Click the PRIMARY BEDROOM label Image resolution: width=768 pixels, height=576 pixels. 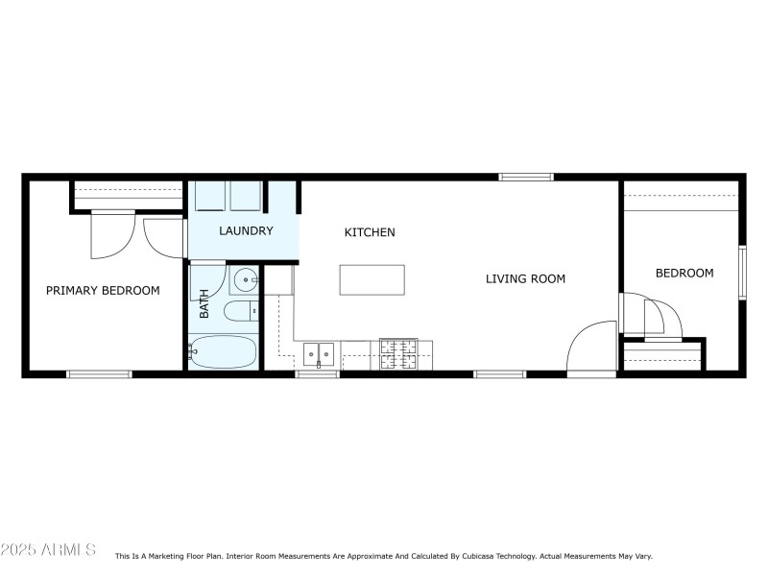(103, 290)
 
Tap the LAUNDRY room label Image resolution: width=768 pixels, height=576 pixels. (246, 231)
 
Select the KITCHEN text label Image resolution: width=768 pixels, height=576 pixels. (370, 232)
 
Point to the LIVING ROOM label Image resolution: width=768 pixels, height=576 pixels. (525, 279)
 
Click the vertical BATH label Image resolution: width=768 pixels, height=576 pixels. (204, 305)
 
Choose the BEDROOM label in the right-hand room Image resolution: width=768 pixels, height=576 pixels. (684, 273)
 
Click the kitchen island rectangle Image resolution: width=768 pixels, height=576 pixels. (372, 279)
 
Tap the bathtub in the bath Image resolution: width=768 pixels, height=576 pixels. (224, 351)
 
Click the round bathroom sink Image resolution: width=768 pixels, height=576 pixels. (245, 281)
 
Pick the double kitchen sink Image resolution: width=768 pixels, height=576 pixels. (319, 354)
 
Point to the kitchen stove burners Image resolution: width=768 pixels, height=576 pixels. (397, 354)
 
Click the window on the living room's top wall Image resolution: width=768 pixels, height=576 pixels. (526, 177)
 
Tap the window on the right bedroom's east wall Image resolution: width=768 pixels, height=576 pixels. (742, 273)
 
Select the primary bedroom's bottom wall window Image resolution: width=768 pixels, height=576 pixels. (99, 373)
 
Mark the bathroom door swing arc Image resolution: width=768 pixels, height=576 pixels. (213, 278)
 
